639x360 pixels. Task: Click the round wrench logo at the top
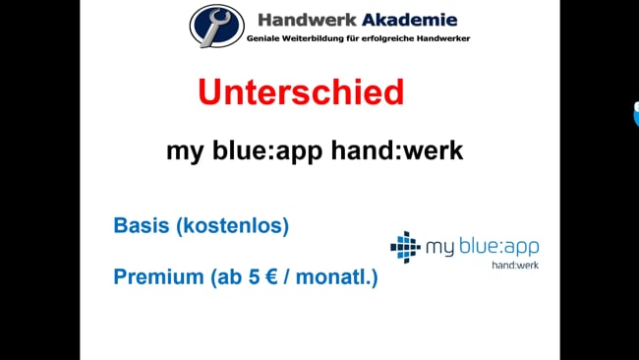tap(216, 26)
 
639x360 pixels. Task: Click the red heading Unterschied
tap(301, 92)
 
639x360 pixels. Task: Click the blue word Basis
tap(142, 226)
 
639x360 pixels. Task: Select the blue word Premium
tap(156, 277)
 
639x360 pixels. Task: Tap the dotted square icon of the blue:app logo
tap(405, 246)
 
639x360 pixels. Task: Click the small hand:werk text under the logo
tap(515, 265)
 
